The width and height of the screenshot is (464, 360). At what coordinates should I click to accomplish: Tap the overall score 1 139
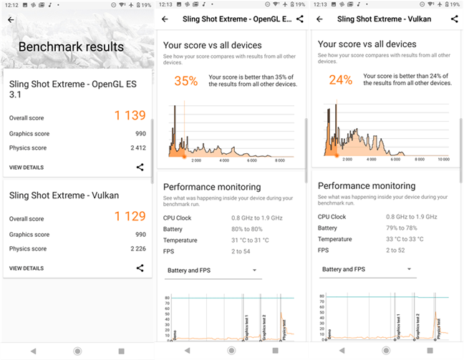click(x=130, y=115)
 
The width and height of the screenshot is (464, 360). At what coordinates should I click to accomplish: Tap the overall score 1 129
click(x=130, y=216)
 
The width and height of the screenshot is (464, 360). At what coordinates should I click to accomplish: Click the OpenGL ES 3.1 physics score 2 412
click(x=137, y=148)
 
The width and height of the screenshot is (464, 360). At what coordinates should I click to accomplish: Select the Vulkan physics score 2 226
click(x=137, y=249)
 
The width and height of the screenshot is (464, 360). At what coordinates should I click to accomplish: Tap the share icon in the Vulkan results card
click(x=140, y=268)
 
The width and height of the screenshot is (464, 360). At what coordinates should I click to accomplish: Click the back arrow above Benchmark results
click(x=11, y=20)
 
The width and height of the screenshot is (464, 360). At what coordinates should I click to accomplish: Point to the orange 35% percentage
click(x=185, y=81)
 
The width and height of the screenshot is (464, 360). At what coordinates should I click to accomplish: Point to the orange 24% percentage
click(x=340, y=81)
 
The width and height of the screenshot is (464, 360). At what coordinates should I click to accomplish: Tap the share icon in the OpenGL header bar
click(x=299, y=19)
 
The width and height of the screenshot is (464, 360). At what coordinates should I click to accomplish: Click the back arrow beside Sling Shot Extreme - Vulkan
click(x=320, y=19)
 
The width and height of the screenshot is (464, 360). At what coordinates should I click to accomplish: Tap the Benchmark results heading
click(x=71, y=47)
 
